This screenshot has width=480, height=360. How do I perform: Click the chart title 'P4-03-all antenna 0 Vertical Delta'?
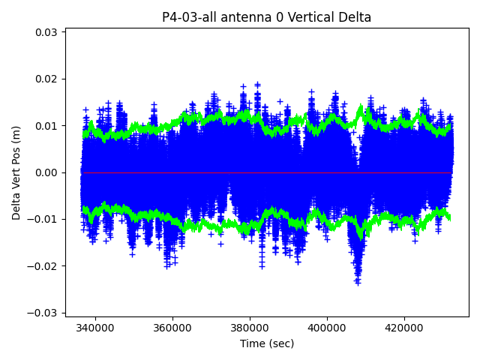pos(266,17)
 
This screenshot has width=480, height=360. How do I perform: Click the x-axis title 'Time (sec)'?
pos(267,343)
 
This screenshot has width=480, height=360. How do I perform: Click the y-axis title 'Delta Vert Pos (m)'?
pos(16,172)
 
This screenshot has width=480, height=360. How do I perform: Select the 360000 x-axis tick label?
pos(172,328)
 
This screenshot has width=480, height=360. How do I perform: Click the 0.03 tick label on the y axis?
pos(47,32)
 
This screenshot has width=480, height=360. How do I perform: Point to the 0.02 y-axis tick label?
pos(47,79)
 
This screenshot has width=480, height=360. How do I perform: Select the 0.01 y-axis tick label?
pos(47,126)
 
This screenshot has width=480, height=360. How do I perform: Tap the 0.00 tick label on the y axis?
pos(47,172)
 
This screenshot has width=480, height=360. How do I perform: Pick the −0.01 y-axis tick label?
pos(44,219)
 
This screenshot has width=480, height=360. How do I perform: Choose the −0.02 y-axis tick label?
pos(44,266)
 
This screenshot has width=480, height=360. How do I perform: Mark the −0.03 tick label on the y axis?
pos(44,313)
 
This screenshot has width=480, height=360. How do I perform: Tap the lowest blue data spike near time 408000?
pos(358,282)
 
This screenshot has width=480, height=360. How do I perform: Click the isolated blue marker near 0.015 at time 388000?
pos(280,101)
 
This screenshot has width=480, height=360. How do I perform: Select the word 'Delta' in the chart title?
pos(352,17)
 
